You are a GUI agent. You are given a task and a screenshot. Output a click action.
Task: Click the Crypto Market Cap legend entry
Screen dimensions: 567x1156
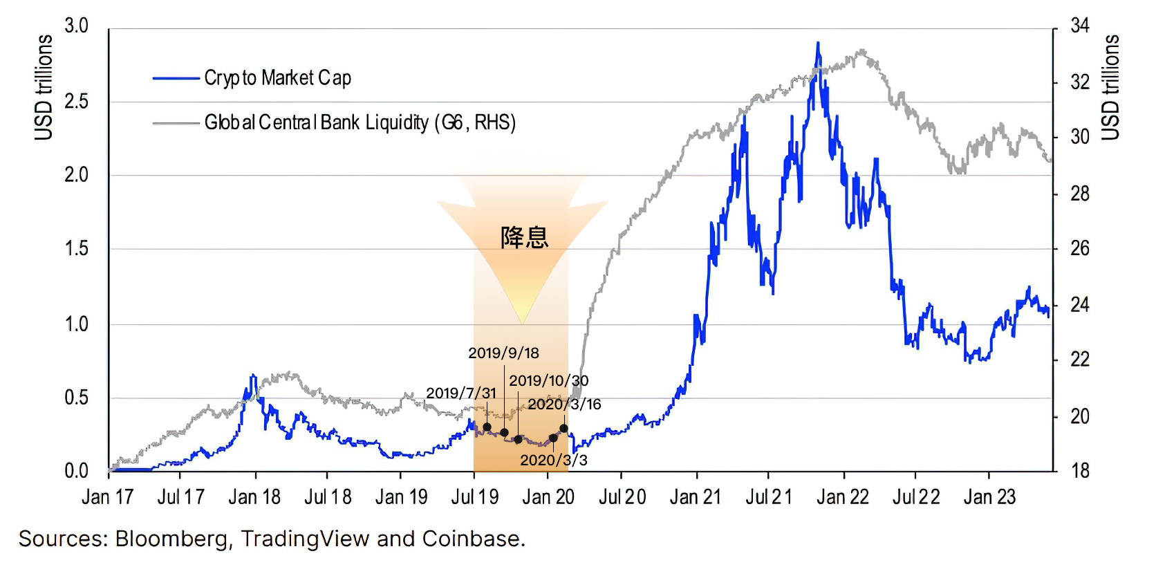[277, 78]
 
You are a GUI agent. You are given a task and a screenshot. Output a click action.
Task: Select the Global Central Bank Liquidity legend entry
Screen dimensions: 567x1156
[360, 123]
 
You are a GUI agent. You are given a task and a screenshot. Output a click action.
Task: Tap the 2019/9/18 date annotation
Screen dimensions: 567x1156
[503, 353]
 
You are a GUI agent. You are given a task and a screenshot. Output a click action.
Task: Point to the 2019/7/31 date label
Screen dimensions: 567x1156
[461, 393]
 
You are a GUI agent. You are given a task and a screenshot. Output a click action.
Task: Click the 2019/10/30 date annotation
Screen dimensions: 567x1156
[549, 381]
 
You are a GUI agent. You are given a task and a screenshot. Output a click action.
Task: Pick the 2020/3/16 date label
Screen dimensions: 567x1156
[564, 405]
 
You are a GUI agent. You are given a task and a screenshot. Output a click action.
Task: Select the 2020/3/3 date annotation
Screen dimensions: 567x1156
[554, 461]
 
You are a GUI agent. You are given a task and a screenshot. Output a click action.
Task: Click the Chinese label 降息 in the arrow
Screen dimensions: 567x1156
[524, 238]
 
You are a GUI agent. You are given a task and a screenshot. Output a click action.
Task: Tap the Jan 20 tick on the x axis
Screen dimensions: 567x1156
[548, 497]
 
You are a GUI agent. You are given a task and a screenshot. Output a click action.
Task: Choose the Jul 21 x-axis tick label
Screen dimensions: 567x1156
[768, 497]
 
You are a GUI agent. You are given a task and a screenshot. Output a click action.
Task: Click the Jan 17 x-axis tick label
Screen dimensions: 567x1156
[107, 497]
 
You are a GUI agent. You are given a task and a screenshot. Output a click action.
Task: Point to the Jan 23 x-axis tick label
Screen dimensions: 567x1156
[989, 497]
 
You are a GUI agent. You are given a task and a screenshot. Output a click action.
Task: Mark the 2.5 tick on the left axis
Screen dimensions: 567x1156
[76, 102]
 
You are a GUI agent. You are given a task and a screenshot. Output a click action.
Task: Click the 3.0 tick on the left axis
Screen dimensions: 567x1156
[76, 26]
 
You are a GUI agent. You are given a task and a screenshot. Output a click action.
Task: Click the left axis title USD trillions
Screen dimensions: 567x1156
[44, 87]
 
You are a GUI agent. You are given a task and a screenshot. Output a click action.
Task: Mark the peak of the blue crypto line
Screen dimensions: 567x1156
[818, 43]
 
